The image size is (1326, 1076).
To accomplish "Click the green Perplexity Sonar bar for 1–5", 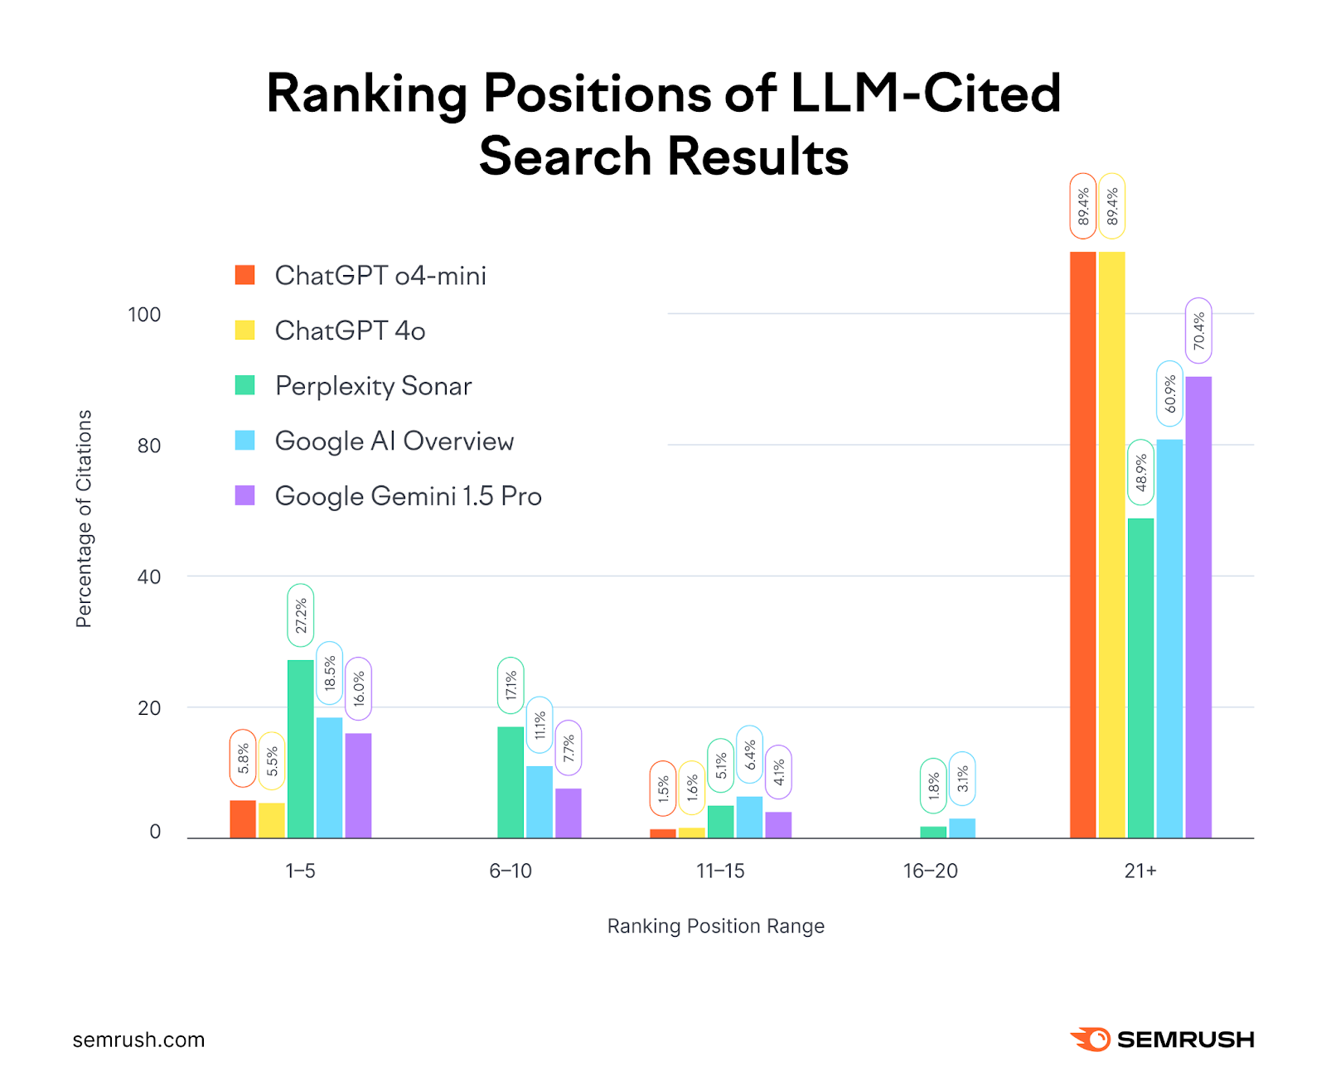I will (x=301, y=749).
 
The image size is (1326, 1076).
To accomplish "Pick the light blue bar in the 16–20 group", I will (x=962, y=828).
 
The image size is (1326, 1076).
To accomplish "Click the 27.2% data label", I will (x=301, y=615).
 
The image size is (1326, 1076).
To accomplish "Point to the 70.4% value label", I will (x=1198, y=331).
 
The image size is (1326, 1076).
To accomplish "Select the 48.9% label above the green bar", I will (x=1140, y=472).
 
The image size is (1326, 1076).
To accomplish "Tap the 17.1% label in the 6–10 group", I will (x=511, y=685).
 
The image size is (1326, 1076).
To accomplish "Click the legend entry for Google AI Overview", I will (x=394, y=441).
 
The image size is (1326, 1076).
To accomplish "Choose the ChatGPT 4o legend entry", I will (x=350, y=331).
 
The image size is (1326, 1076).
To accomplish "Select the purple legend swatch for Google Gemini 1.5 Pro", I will (x=244, y=495).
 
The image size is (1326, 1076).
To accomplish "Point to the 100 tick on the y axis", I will (x=144, y=315).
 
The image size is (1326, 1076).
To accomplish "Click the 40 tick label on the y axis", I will (x=149, y=577).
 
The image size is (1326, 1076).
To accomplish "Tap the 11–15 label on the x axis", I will (x=720, y=871).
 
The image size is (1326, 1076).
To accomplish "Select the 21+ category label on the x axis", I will (x=1140, y=871).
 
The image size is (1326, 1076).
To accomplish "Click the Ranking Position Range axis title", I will (x=715, y=926).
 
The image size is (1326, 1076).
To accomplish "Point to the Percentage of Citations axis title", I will (x=84, y=519).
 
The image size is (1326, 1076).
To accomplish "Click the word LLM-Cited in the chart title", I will (x=926, y=93).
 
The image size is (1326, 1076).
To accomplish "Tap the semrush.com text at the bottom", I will (x=138, y=1040).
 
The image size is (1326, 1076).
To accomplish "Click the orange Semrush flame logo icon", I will (x=1091, y=1039).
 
